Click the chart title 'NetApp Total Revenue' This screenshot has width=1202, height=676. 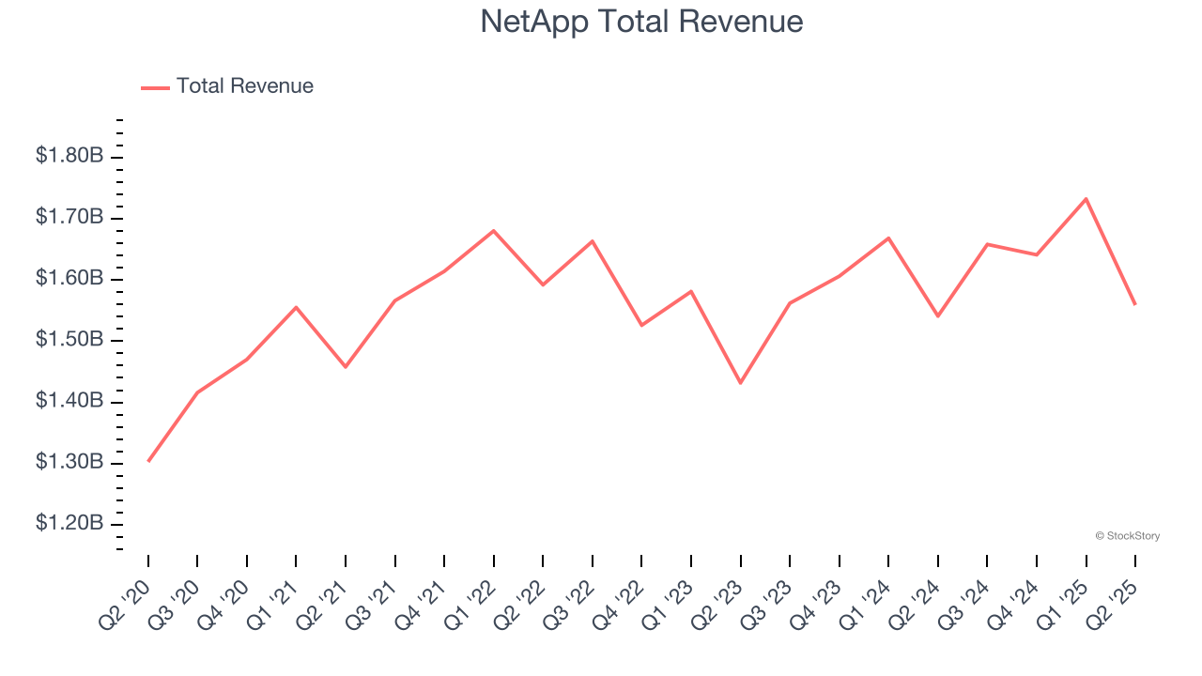tap(641, 22)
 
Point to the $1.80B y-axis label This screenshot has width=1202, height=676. tap(69, 156)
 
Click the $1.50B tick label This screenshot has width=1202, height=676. tap(69, 340)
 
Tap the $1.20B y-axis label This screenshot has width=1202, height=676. tap(69, 523)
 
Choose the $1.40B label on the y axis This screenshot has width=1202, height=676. tap(69, 401)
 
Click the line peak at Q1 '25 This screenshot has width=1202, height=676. tap(1086, 199)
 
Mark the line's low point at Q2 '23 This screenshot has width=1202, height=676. tap(741, 383)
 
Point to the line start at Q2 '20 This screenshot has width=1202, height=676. tap(148, 461)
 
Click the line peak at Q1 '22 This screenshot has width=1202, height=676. tap(494, 231)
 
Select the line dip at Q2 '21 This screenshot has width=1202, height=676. tap(346, 366)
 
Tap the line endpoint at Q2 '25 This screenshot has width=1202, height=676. tap(1135, 304)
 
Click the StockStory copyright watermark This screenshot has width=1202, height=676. tap(1127, 536)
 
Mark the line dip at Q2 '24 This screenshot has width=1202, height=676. tap(938, 315)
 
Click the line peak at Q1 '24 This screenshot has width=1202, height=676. tap(888, 238)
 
